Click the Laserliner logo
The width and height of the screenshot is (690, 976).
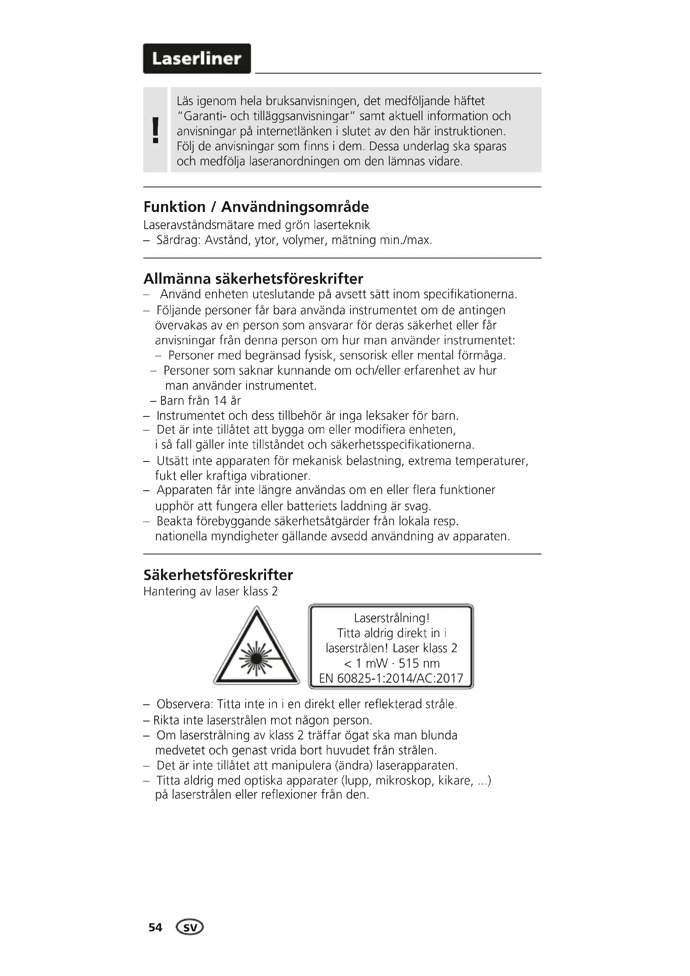click(197, 59)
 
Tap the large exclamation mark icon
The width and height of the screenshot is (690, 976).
click(156, 130)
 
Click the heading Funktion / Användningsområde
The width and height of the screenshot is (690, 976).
click(256, 207)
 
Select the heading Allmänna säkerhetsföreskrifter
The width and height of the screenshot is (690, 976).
click(253, 279)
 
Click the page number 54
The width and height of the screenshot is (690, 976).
click(155, 927)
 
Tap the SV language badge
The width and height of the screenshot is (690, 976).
click(190, 927)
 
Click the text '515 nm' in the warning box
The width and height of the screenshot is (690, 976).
click(419, 663)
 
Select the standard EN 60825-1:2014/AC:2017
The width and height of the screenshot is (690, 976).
click(391, 678)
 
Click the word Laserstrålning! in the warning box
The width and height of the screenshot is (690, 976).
click(391, 618)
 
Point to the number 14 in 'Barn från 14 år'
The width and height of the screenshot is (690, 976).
click(220, 401)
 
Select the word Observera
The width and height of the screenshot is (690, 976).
click(184, 704)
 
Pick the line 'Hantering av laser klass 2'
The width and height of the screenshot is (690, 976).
click(210, 592)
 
